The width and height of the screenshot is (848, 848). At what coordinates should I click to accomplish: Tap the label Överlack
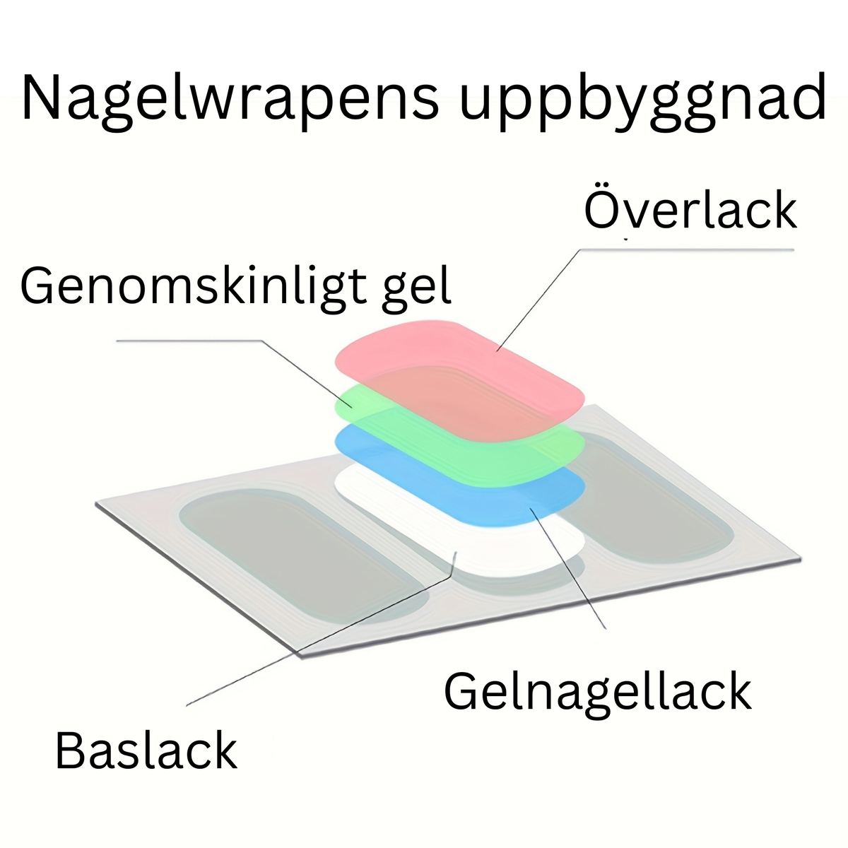click(690, 210)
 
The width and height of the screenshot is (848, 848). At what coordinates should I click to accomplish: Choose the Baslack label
click(146, 750)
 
